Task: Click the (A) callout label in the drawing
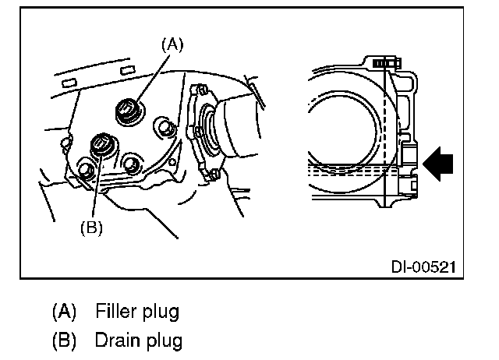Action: coord(172,45)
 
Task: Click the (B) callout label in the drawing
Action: coord(91,228)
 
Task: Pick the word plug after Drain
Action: coord(161,341)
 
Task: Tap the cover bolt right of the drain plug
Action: coord(130,164)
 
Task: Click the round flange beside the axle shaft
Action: coord(200,132)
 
